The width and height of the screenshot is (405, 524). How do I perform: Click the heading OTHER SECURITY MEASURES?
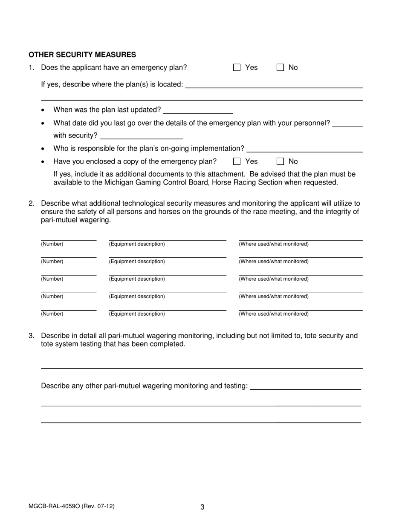[82, 55]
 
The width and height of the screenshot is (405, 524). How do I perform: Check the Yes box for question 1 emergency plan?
[237, 67]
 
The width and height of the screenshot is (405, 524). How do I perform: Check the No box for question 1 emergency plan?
[280, 67]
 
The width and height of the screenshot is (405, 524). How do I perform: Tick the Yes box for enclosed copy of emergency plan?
[237, 161]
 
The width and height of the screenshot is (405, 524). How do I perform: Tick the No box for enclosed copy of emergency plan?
[280, 161]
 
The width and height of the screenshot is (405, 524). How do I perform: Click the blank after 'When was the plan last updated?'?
[198, 110]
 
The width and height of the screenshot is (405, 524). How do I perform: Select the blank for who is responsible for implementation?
[304, 149]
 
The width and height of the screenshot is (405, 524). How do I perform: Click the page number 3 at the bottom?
[202, 507]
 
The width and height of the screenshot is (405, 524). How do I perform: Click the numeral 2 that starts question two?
[31, 203]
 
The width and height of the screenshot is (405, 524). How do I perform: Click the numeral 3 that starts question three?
[31, 336]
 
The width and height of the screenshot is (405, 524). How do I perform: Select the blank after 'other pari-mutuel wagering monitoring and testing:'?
[305, 386]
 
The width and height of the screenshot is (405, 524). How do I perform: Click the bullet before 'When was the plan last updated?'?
[43, 110]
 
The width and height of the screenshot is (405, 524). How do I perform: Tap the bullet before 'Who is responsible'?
[43, 149]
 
